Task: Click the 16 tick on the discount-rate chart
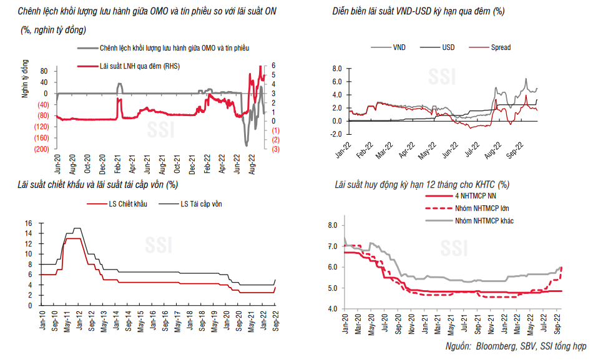point(28,223)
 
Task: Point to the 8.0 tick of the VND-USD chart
point(337,68)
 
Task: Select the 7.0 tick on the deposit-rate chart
point(331,246)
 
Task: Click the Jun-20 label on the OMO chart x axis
point(57,164)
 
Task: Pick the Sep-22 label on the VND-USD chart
point(519,145)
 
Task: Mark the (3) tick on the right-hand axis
point(275,149)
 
